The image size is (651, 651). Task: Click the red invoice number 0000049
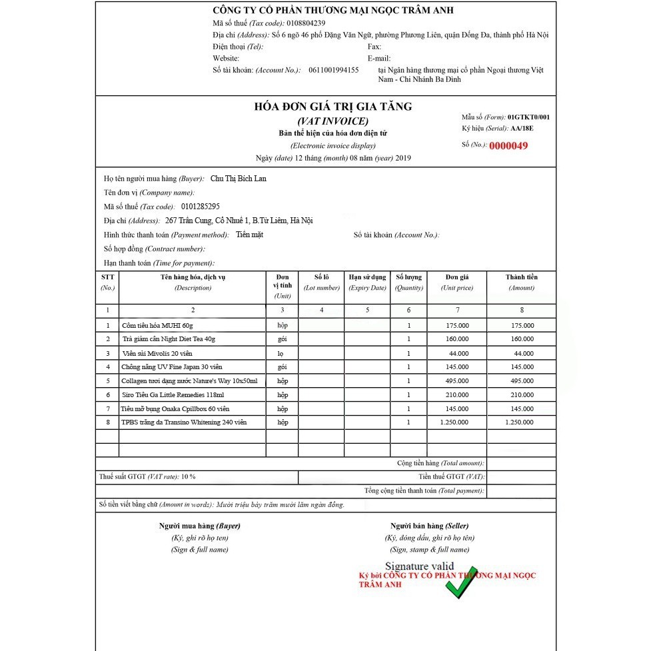click(508, 146)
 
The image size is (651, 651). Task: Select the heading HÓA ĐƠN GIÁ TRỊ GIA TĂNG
click(333, 107)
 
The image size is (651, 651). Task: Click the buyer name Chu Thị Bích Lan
click(239, 179)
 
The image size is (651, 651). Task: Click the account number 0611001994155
click(333, 70)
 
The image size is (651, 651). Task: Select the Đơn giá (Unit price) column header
click(457, 282)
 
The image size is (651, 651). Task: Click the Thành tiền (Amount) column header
click(522, 282)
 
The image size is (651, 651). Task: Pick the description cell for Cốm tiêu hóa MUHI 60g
click(157, 325)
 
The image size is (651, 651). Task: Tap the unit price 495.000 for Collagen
click(458, 380)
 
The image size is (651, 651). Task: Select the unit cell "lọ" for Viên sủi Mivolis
click(282, 353)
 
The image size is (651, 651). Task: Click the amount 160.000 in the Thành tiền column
click(522, 339)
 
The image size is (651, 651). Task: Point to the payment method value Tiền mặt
click(249, 235)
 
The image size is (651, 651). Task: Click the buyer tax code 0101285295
click(200, 207)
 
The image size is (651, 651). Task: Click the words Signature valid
click(424, 566)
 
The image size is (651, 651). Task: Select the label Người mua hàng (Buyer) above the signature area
click(200, 526)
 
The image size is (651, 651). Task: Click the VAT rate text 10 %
click(188, 477)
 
